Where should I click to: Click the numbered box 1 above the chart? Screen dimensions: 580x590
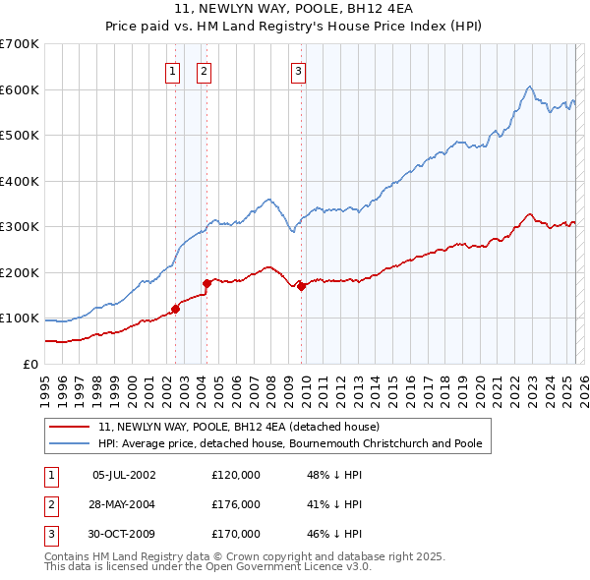172,70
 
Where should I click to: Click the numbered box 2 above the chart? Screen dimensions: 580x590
204,70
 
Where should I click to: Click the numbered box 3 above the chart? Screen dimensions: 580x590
297,70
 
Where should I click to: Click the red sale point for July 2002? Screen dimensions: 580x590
176,309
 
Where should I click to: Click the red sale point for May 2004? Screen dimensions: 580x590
206,283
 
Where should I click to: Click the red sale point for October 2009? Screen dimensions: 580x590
302,286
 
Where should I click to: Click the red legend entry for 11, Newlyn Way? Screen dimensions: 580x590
245,427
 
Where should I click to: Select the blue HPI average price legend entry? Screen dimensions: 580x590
289,443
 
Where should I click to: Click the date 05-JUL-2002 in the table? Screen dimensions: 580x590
124,475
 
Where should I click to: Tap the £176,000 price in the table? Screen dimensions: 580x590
236,504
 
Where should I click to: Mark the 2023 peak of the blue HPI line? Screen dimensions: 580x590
530,87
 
